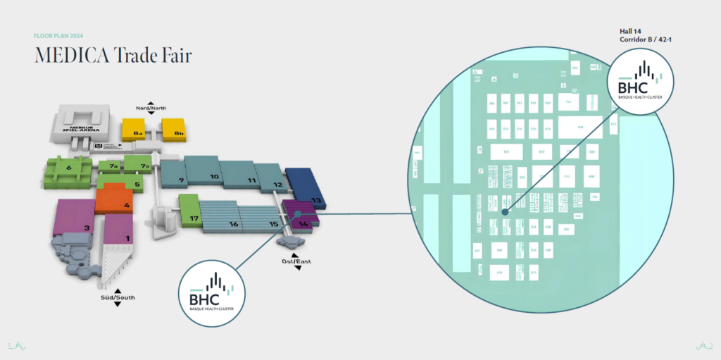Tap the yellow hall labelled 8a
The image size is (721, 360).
click(x=134, y=130)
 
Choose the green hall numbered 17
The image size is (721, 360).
click(x=190, y=213)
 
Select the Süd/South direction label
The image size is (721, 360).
click(x=117, y=297)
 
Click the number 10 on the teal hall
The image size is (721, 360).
click(x=215, y=176)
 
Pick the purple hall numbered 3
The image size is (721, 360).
click(x=73, y=220)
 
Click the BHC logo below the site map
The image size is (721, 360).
click(x=211, y=290)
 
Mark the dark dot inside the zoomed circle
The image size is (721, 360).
click(x=505, y=211)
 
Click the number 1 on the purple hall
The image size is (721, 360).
click(x=127, y=238)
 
